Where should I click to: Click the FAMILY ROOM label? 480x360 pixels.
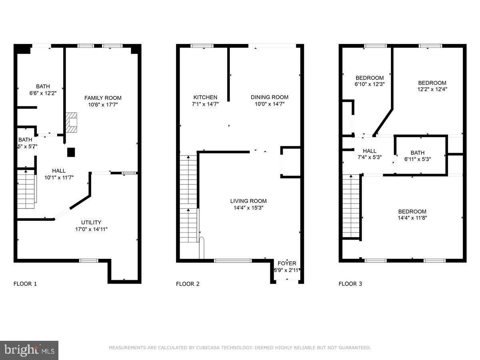[x=103, y=98]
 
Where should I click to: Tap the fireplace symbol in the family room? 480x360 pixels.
[x=72, y=122]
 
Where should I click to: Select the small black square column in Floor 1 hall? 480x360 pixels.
[x=71, y=152]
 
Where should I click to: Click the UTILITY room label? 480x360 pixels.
[x=91, y=222]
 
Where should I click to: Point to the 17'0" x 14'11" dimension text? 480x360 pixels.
[x=91, y=229]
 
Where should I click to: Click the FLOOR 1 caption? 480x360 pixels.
[x=25, y=284]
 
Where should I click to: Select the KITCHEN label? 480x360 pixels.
[x=205, y=97]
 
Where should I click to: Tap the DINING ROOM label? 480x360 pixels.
[x=269, y=97]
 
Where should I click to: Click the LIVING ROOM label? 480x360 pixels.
[x=248, y=201]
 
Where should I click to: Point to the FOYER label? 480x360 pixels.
[x=287, y=263]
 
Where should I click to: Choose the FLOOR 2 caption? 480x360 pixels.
[x=188, y=284]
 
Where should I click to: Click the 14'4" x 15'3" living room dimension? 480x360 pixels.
[x=248, y=208]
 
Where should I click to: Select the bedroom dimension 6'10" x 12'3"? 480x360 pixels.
[x=370, y=84]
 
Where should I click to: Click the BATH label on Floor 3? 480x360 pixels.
[x=417, y=152]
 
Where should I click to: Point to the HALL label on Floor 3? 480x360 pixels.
[x=370, y=151]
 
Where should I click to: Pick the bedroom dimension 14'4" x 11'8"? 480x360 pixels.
[x=412, y=218]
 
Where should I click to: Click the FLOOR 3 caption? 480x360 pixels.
[x=350, y=284]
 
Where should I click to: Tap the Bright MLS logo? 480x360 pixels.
[x=29, y=350]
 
